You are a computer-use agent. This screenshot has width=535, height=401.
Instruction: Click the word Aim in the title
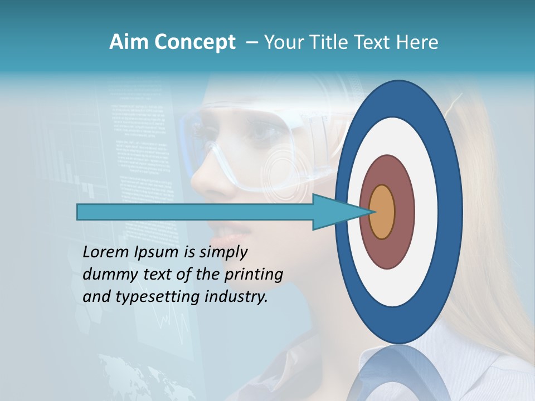coord(129,42)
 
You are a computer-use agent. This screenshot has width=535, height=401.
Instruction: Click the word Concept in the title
coord(194,42)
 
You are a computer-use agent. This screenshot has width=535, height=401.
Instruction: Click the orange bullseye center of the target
coord(382,212)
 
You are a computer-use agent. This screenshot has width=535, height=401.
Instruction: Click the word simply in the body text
coord(223,253)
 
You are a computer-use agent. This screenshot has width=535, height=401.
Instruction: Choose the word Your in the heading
coord(283,42)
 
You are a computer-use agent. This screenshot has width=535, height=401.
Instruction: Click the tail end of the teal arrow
coord(79,212)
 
